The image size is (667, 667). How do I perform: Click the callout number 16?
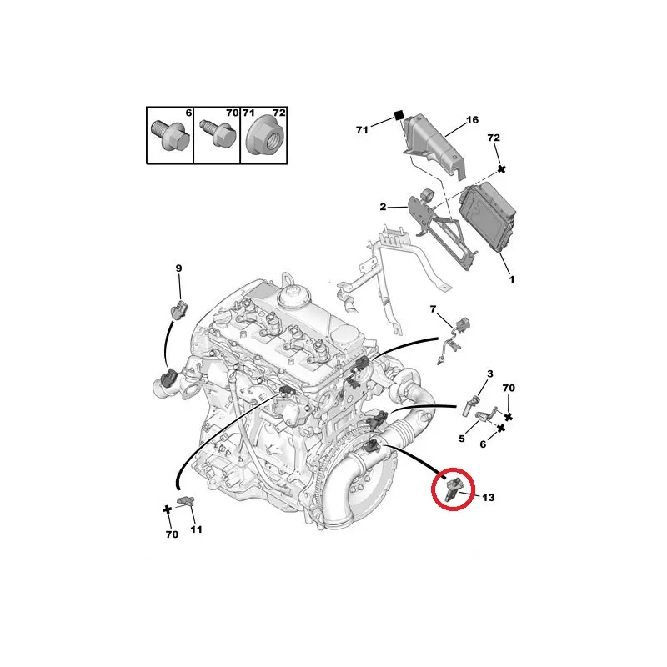pyautogui.click(x=472, y=120)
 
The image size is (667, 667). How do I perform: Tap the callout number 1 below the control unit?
pyautogui.click(x=512, y=279)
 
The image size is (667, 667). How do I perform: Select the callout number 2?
pyautogui.click(x=383, y=207)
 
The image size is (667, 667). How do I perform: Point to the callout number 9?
pyautogui.click(x=178, y=268)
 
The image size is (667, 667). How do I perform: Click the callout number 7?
pyautogui.click(x=433, y=309)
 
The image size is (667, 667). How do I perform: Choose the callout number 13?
pyautogui.click(x=489, y=497)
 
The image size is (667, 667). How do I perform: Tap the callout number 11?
pyautogui.click(x=196, y=529)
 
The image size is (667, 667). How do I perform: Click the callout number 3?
pyautogui.click(x=490, y=374)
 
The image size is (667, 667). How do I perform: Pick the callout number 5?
pyautogui.click(x=462, y=439)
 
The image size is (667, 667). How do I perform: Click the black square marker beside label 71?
pyautogui.click(x=399, y=115)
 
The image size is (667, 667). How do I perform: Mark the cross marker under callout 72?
pyautogui.click(x=502, y=169)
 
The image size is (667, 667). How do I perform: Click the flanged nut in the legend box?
pyautogui.click(x=263, y=137)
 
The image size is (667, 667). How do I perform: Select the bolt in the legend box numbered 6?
pyautogui.click(x=168, y=134)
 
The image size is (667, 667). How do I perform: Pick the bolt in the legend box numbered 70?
pyautogui.click(x=218, y=133)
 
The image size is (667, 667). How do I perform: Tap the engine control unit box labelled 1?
pyautogui.click(x=488, y=217)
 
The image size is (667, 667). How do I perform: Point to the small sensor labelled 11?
pyautogui.click(x=186, y=501)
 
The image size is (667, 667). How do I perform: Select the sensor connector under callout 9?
pyautogui.click(x=179, y=309)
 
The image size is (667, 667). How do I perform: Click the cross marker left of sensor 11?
pyautogui.click(x=168, y=509)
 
